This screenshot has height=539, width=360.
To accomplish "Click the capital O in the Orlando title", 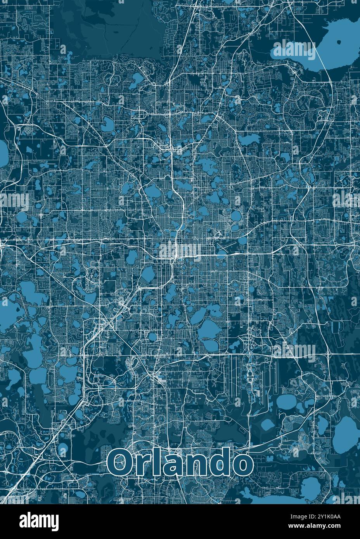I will tap(120, 462).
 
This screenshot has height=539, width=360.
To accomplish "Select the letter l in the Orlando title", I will tap(155, 461).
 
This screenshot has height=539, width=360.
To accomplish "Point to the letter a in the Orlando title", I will tap(171, 465).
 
